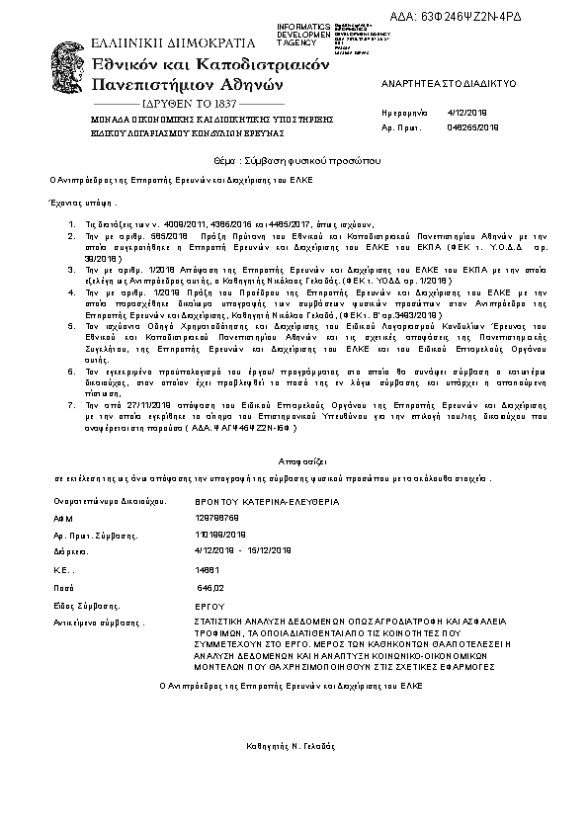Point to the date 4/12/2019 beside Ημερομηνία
462,114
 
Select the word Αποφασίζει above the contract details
294,461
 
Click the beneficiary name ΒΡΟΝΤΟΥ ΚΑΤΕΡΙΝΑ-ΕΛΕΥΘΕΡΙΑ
253,502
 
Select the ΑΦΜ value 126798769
217,517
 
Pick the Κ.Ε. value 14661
209,570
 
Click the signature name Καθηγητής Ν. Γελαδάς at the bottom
294,743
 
